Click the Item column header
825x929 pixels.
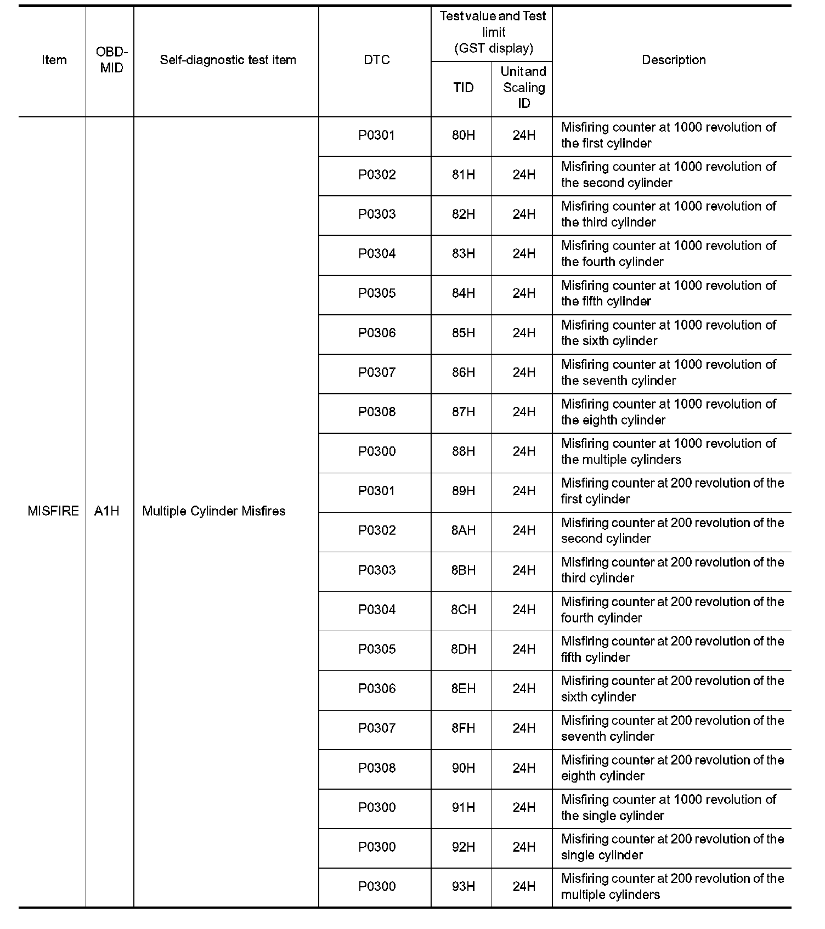(x=54, y=60)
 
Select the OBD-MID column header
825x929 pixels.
(x=111, y=60)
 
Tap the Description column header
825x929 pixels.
(x=674, y=60)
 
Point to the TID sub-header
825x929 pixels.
(x=463, y=88)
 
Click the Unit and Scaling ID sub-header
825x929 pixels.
(x=523, y=88)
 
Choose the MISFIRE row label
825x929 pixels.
(x=53, y=511)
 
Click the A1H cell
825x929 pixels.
(x=106, y=511)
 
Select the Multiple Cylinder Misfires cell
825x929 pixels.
(x=214, y=511)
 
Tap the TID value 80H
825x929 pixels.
(x=463, y=135)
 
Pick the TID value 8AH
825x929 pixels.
(x=463, y=530)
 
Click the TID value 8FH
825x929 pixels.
(x=463, y=728)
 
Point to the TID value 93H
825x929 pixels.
(x=463, y=886)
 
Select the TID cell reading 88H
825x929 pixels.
(x=463, y=451)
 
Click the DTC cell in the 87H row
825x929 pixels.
(x=377, y=412)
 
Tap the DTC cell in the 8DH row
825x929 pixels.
(x=377, y=649)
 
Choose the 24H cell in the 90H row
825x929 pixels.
(x=524, y=768)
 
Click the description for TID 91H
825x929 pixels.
(x=668, y=807)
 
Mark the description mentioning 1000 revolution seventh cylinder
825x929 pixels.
(x=668, y=372)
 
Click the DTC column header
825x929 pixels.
(x=377, y=60)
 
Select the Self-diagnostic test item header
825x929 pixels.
(x=228, y=60)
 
